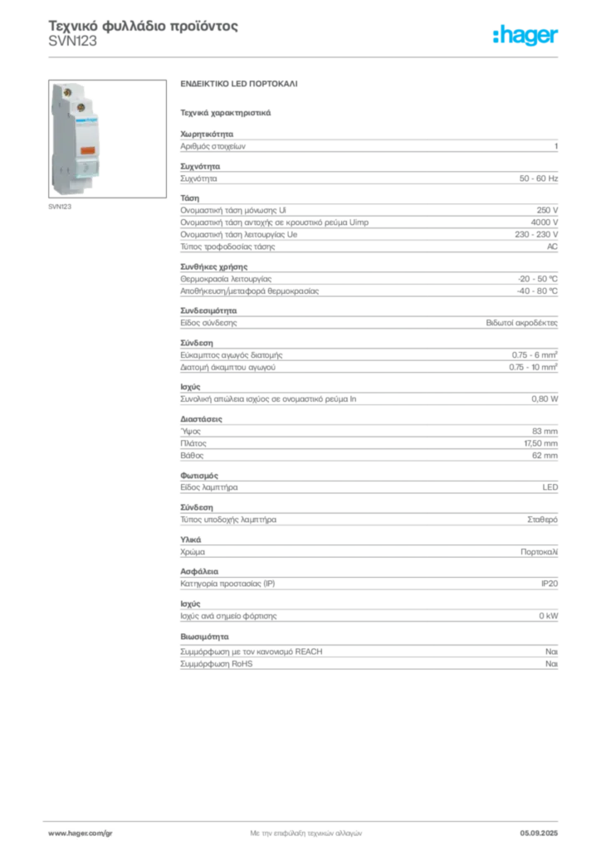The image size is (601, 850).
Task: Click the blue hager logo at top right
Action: point(526,36)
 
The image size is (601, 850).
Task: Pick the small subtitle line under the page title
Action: point(73,48)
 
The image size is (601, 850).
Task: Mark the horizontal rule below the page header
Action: point(305,56)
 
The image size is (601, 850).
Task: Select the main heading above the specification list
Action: point(238,85)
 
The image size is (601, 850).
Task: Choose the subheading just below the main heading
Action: point(226,110)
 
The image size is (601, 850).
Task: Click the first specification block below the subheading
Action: point(368,145)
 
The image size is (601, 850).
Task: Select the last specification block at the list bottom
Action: point(368,652)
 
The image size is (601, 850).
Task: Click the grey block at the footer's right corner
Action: point(545,829)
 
